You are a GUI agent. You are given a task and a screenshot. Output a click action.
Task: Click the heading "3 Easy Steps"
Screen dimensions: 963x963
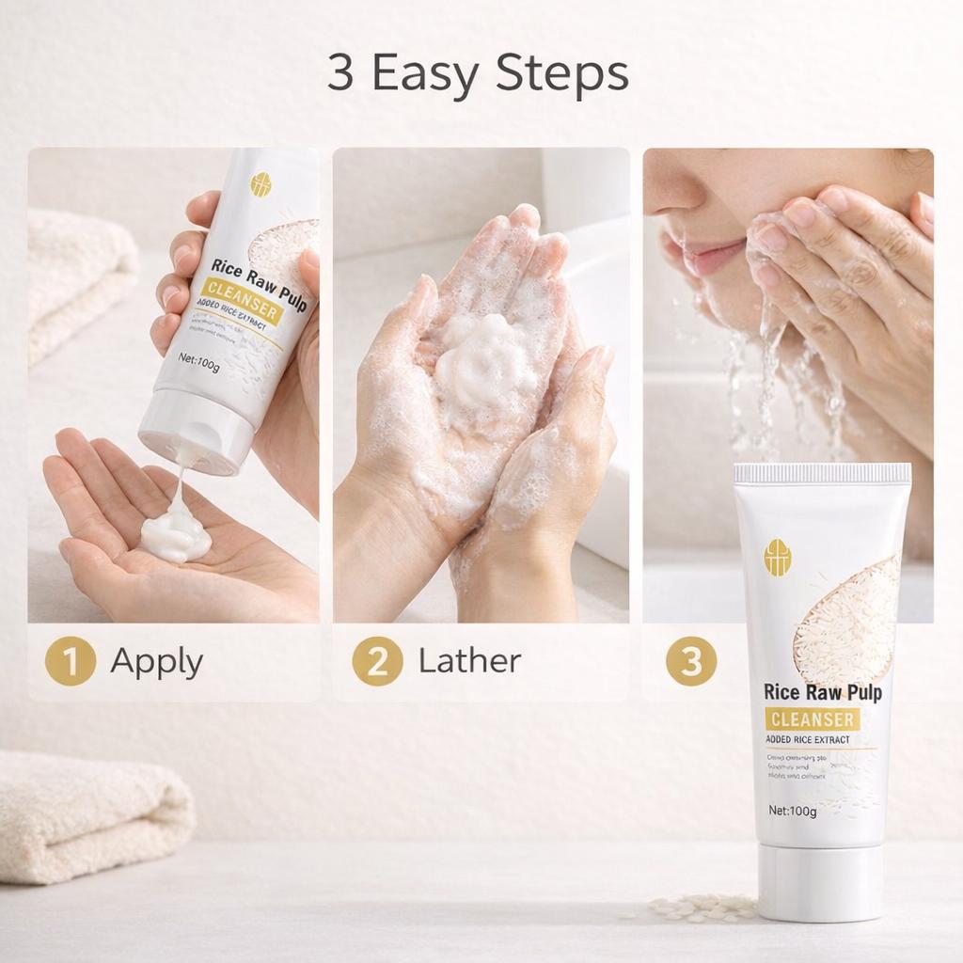(x=478, y=74)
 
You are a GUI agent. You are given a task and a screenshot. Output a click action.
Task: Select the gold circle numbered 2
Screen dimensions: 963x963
(x=377, y=662)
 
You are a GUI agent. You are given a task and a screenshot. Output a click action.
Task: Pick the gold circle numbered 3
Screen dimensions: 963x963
(x=691, y=662)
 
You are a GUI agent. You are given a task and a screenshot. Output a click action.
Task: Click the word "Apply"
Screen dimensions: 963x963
(x=156, y=662)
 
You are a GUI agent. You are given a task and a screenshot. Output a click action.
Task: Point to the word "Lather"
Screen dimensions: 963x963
(x=469, y=660)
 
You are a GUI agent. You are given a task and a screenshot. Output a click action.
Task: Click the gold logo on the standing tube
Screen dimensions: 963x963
(x=778, y=557)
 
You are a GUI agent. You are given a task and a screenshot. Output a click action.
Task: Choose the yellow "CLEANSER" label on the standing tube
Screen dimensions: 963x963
(x=812, y=719)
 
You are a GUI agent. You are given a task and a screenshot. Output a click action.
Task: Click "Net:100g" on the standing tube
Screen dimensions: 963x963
(x=792, y=811)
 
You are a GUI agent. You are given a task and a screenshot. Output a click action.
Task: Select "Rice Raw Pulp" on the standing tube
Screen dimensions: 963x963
(x=822, y=693)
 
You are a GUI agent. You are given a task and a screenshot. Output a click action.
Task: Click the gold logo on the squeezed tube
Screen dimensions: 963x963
(x=260, y=182)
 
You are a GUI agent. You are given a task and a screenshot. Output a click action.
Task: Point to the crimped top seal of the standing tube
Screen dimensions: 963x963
(x=823, y=473)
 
